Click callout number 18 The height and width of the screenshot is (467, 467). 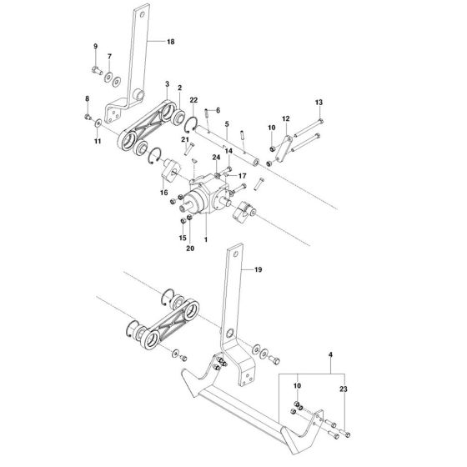click(x=171, y=41)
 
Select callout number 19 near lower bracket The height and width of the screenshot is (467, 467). click(x=258, y=270)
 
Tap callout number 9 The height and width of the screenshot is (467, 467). click(x=95, y=46)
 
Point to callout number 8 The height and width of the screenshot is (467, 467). click(x=87, y=99)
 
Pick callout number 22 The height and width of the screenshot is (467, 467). click(x=193, y=99)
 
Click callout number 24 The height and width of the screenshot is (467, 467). click(x=216, y=158)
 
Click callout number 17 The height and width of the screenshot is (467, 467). click(x=242, y=176)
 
